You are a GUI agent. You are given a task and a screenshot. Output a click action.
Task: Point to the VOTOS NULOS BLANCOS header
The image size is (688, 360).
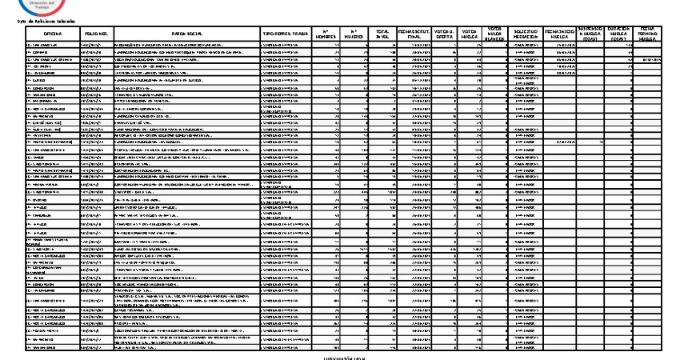click(x=495, y=33)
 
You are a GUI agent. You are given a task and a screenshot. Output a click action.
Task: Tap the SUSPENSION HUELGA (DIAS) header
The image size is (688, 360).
click(x=590, y=33)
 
